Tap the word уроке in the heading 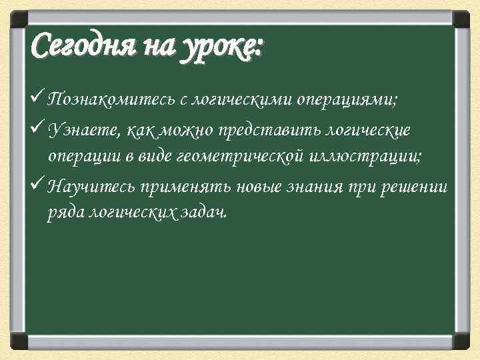point(224,49)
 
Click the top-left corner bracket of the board point(18,18)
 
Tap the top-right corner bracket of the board point(461,18)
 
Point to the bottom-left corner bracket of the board point(18,341)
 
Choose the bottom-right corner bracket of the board point(461,341)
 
